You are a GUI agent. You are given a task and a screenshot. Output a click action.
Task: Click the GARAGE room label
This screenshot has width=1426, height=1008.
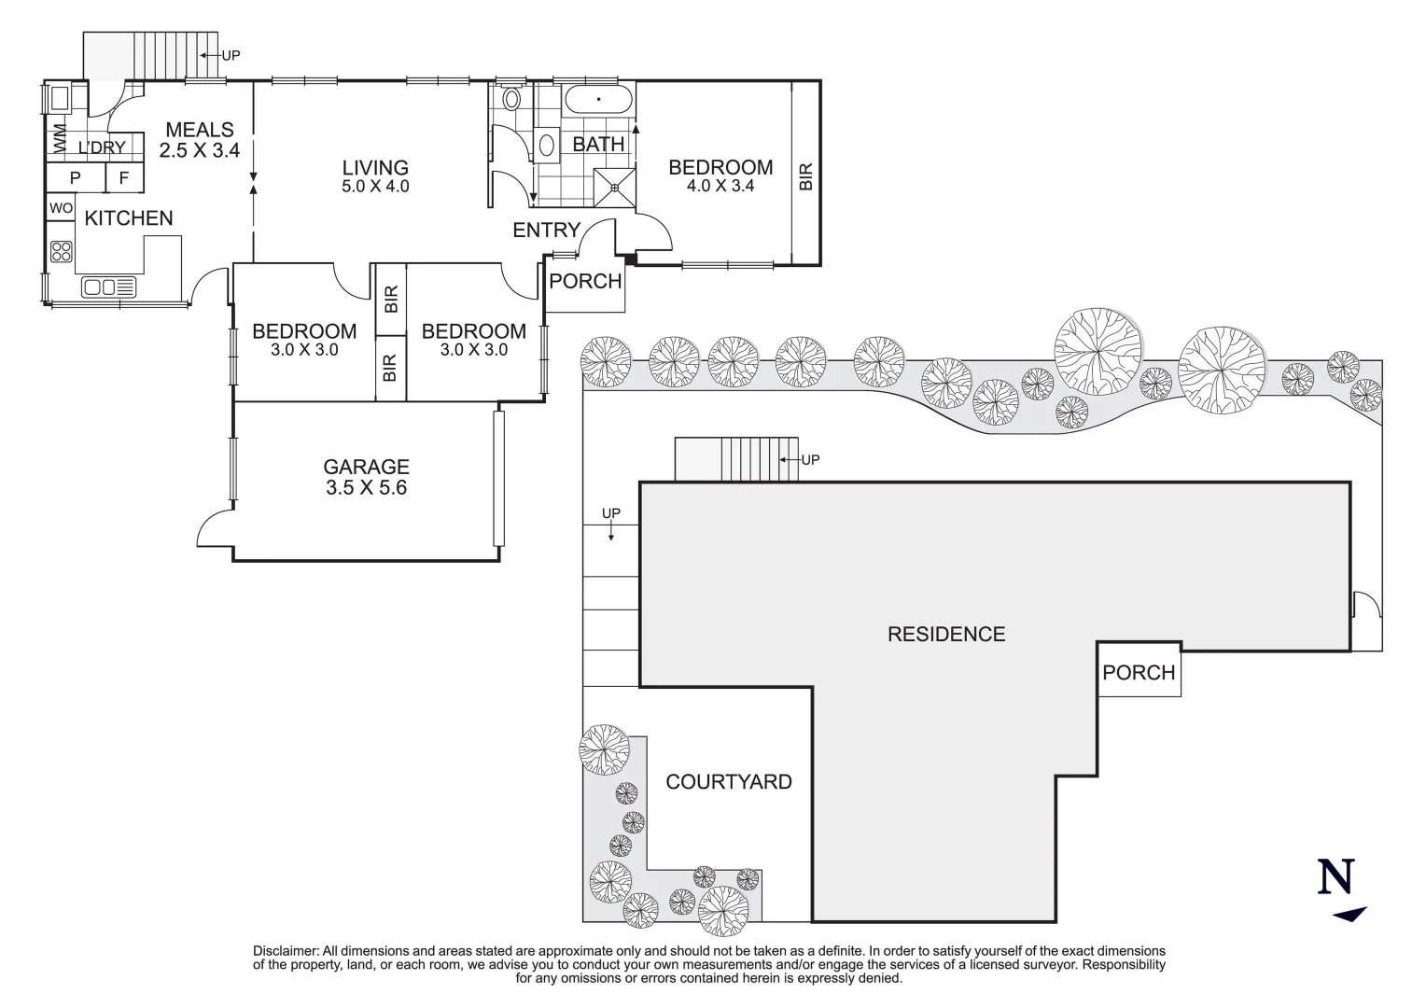[366, 467]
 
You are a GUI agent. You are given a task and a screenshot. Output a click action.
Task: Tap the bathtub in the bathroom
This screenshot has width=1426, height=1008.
[598, 100]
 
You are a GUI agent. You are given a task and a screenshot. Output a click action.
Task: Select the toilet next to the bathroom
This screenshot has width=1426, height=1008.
[511, 99]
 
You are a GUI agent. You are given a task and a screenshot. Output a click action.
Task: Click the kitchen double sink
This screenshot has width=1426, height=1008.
[108, 287]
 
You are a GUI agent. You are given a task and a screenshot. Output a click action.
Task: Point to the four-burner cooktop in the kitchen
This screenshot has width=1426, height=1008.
[61, 251]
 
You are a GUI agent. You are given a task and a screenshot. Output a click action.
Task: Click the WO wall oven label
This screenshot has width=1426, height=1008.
[61, 208]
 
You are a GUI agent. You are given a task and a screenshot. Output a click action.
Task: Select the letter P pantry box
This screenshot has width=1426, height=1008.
[75, 177]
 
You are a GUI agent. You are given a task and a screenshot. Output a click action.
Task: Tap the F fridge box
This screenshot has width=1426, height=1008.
[124, 177]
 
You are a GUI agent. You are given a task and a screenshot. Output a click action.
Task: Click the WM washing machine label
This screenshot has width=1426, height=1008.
[59, 139]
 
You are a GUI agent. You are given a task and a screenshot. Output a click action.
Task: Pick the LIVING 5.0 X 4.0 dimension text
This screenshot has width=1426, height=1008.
[375, 187]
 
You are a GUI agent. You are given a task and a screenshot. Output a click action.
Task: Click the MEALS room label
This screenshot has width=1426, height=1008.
[200, 130]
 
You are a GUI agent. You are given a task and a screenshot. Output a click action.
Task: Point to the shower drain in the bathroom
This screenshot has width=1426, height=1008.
[615, 188]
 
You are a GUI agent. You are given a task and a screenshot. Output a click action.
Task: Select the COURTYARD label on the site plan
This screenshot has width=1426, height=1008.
[729, 782]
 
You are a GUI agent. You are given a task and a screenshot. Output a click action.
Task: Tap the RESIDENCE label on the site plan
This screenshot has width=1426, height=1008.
[946, 635]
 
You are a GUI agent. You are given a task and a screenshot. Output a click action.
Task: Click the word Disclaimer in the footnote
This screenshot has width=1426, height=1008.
[286, 951]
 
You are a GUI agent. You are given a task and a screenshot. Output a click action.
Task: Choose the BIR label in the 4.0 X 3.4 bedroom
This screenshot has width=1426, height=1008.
[806, 176]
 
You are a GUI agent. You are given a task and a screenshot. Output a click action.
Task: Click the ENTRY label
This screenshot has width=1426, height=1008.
[546, 230]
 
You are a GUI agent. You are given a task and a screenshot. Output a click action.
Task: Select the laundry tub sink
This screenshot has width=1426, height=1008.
[60, 99]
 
